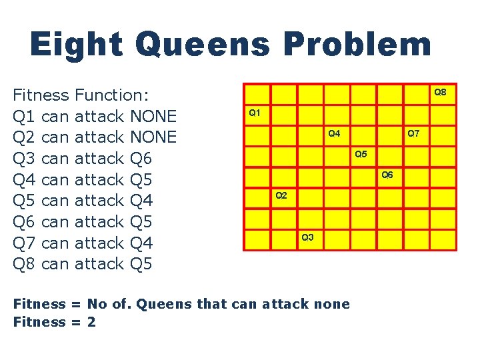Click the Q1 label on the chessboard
tap(254, 113)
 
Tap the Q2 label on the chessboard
tap(281, 195)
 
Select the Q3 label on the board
tap(307, 237)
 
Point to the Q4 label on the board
tap(334, 133)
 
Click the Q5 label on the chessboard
tap(361, 154)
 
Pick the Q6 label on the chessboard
tap(387, 175)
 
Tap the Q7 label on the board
tap(413, 133)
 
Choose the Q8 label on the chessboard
tap(441, 92)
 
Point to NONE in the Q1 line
tap(154, 116)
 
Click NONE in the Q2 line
tap(154, 137)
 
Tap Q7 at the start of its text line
tap(24, 242)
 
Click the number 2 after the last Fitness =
tap(91, 322)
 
